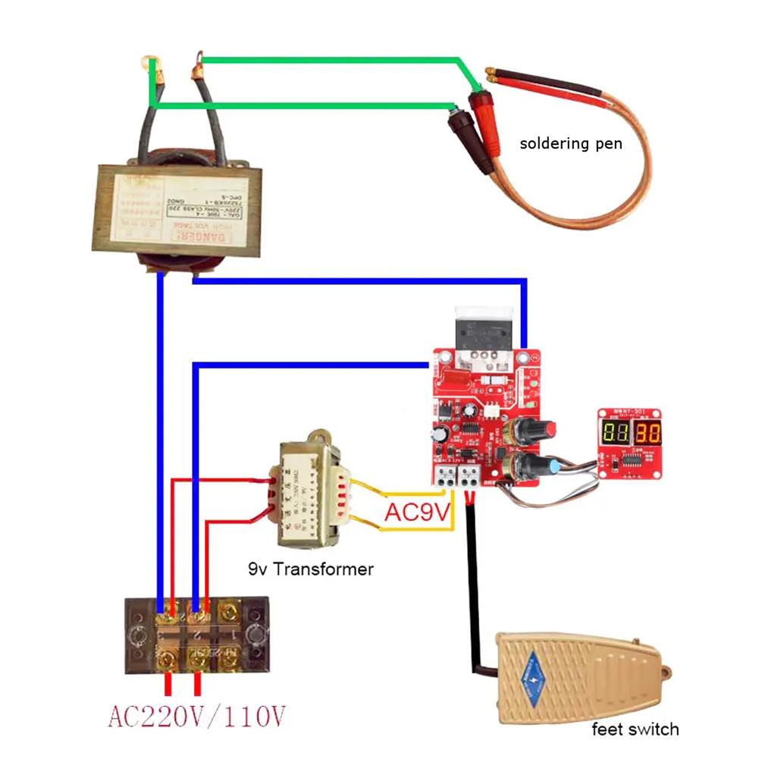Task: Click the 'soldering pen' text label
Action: (570, 143)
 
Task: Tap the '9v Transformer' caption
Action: (311, 568)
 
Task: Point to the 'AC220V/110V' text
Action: (197, 715)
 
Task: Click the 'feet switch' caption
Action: (635, 729)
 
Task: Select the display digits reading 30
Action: (647, 434)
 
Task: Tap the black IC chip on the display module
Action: (629, 460)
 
